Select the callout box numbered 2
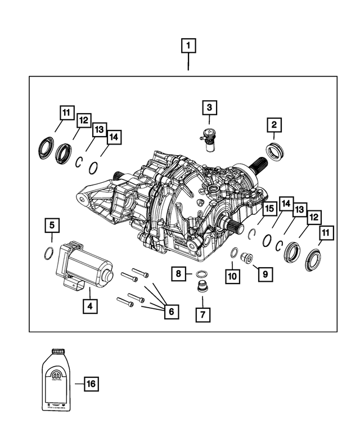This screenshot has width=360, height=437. (274, 125)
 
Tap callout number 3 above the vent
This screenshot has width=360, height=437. (209, 107)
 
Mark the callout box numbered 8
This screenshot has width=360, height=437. (178, 274)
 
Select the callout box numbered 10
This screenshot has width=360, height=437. (232, 276)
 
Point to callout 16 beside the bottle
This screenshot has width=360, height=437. (91, 384)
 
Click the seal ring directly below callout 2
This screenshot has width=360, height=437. (274, 151)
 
